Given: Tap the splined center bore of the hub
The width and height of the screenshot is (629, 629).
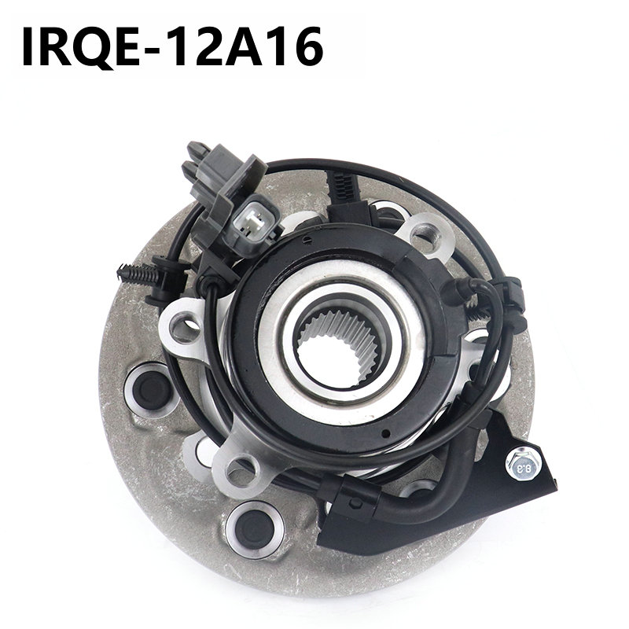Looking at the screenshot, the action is (338, 348).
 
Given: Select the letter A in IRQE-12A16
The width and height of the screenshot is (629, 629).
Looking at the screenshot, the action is (241, 46).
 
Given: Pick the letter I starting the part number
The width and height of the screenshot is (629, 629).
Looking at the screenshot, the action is (28, 46).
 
